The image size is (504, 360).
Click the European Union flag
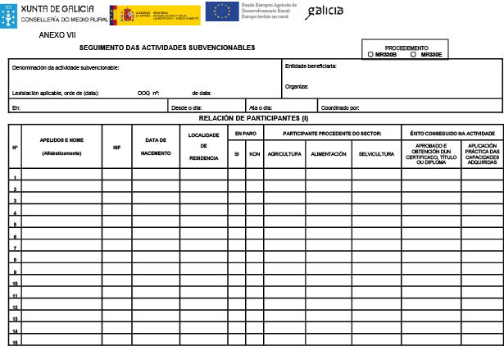(x=223, y=12)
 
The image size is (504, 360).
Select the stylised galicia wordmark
(x=325, y=12)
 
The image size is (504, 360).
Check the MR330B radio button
(x=371, y=54)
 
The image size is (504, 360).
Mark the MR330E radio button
(x=413, y=54)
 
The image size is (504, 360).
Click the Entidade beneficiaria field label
(x=311, y=66)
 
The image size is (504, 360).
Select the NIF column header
(x=117, y=148)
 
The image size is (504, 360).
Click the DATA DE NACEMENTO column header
(x=156, y=147)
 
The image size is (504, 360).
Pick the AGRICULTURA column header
(x=284, y=154)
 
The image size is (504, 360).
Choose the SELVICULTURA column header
(x=376, y=154)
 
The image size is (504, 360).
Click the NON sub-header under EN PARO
(x=255, y=154)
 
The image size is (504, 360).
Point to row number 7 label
(x=15, y=248)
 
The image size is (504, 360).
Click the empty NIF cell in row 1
(x=117, y=176)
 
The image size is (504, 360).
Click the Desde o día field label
(x=187, y=107)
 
